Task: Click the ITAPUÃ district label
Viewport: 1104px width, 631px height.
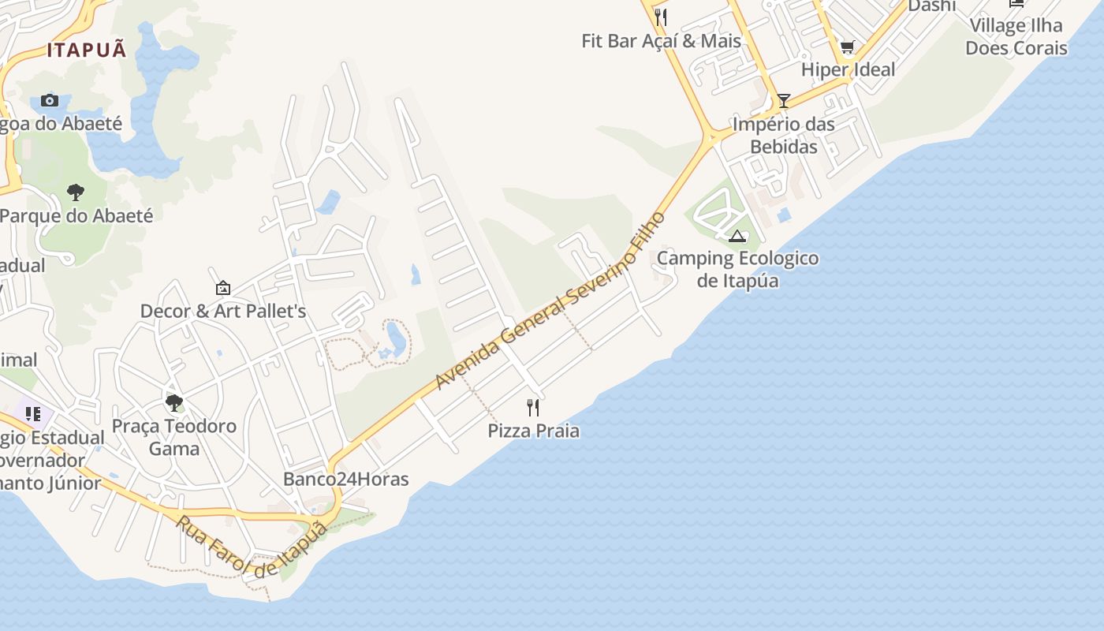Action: (87, 50)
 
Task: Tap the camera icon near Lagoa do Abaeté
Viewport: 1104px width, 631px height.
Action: (50, 100)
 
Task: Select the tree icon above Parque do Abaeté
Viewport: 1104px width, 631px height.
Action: (76, 192)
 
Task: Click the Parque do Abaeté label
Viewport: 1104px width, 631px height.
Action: (76, 215)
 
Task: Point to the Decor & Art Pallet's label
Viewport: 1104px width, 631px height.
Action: (223, 311)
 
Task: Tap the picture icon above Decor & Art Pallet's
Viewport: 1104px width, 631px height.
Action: (223, 288)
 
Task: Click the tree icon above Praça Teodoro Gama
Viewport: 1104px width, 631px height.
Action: (174, 403)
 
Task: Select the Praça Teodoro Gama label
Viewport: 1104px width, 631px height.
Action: (174, 437)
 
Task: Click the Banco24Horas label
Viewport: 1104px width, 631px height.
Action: (345, 479)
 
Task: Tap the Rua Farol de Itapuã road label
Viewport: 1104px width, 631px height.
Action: (251, 546)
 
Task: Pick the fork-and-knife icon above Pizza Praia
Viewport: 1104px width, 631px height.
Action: (534, 407)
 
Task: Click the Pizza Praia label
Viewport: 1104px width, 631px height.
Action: (534, 431)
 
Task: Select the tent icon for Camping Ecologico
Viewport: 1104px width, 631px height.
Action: (737, 236)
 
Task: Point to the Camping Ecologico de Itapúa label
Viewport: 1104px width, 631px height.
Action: (738, 269)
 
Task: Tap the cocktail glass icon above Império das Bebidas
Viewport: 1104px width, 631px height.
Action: (783, 100)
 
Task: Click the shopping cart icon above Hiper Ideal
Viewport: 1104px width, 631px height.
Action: (848, 47)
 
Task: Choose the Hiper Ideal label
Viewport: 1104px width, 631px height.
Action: (849, 69)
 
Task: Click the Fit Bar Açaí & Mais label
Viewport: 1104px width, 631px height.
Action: (662, 41)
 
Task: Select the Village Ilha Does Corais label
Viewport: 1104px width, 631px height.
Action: (1016, 36)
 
